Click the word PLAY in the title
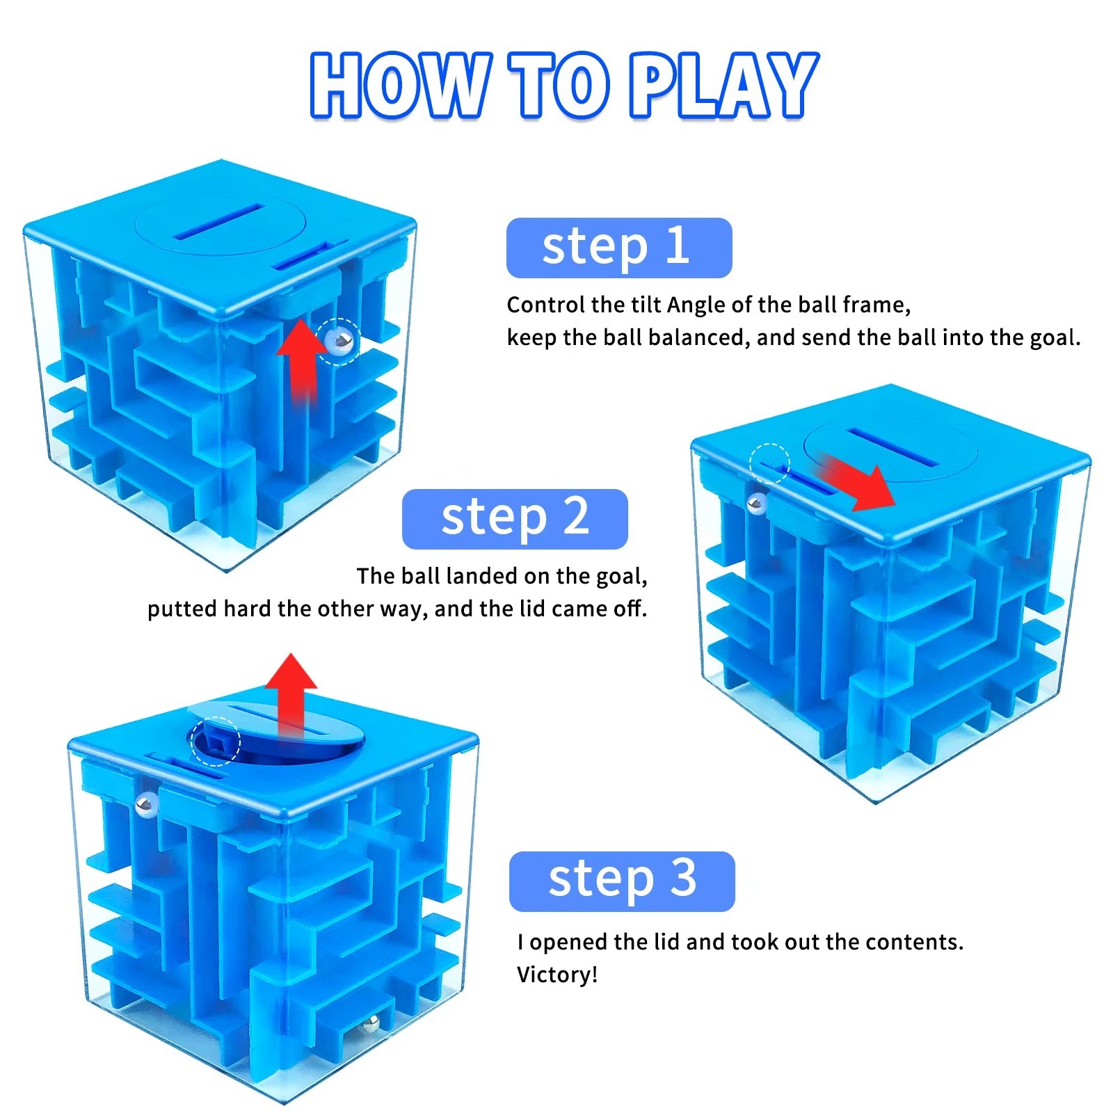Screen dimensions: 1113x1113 click(724, 85)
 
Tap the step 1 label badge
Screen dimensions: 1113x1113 click(619, 248)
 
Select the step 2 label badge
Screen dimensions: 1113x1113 click(515, 519)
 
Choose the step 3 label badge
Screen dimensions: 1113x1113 click(622, 881)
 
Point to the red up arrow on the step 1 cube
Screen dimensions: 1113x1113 click(301, 362)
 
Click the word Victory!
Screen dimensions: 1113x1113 click(557, 975)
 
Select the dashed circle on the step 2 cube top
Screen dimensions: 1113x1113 click(769, 463)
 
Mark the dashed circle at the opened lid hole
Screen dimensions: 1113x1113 click(215, 742)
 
